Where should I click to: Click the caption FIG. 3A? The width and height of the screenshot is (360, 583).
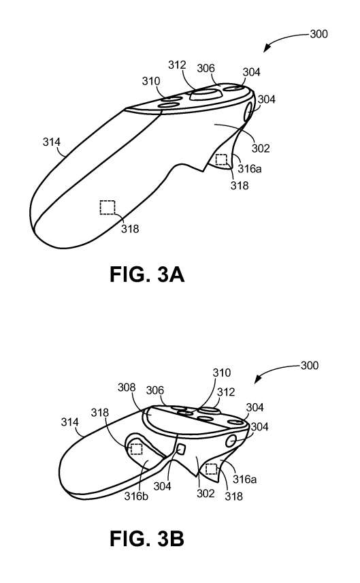pyautogui.click(x=147, y=275)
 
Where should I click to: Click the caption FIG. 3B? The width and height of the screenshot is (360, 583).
pyautogui.click(x=147, y=538)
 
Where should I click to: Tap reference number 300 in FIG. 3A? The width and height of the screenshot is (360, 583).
pyautogui.click(x=318, y=34)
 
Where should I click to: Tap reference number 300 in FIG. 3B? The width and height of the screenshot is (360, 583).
pyautogui.click(x=310, y=366)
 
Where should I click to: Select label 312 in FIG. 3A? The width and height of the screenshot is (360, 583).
pyautogui.click(x=177, y=65)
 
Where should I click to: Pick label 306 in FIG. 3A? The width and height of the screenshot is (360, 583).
pyautogui.click(x=206, y=68)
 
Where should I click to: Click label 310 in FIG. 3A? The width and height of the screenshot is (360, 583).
pyautogui.click(x=151, y=80)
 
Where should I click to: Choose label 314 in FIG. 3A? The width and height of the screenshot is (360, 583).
pyautogui.click(x=51, y=142)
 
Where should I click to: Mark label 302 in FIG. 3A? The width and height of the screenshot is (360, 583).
pyautogui.click(x=261, y=148)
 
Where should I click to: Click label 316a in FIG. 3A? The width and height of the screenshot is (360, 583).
pyautogui.click(x=250, y=168)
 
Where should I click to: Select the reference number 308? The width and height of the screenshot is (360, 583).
pyautogui.click(x=127, y=388)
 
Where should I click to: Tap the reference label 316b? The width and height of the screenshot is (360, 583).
pyautogui.click(x=136, y=496)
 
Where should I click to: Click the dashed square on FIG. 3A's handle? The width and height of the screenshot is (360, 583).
pyautogui.click(x=108, y=207)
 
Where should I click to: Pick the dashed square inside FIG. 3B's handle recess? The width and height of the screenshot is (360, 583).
pyautogui.click(x=136, y=449)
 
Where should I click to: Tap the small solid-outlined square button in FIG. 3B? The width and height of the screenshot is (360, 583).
pyautogui.click(x=181, y=449)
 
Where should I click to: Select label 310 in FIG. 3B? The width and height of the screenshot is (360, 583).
pyautogui.click(x=221, y=373)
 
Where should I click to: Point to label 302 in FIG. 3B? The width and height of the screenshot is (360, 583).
pyautogui.click(x=206, y=493)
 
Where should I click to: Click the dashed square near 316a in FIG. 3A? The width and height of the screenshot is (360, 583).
pyautogui.click(x=221, y=159)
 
